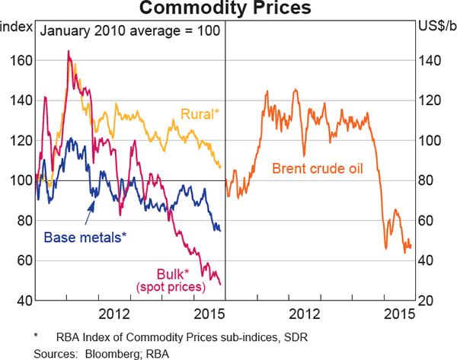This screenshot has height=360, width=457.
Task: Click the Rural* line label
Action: pyautogui.click(x=200, y=114)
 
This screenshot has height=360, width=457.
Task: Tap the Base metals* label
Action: pyautogui.click(x=85, y=237)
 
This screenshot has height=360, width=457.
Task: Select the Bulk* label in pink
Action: pyautogui.click(x=172, y=273)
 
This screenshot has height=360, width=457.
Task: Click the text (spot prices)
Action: pyautogui.click(x=172, y=287)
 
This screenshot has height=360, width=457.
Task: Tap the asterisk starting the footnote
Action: pyautogui.click(x=36, y=336)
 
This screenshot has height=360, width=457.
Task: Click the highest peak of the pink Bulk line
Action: pyautogui.click(x=69, y=51)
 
